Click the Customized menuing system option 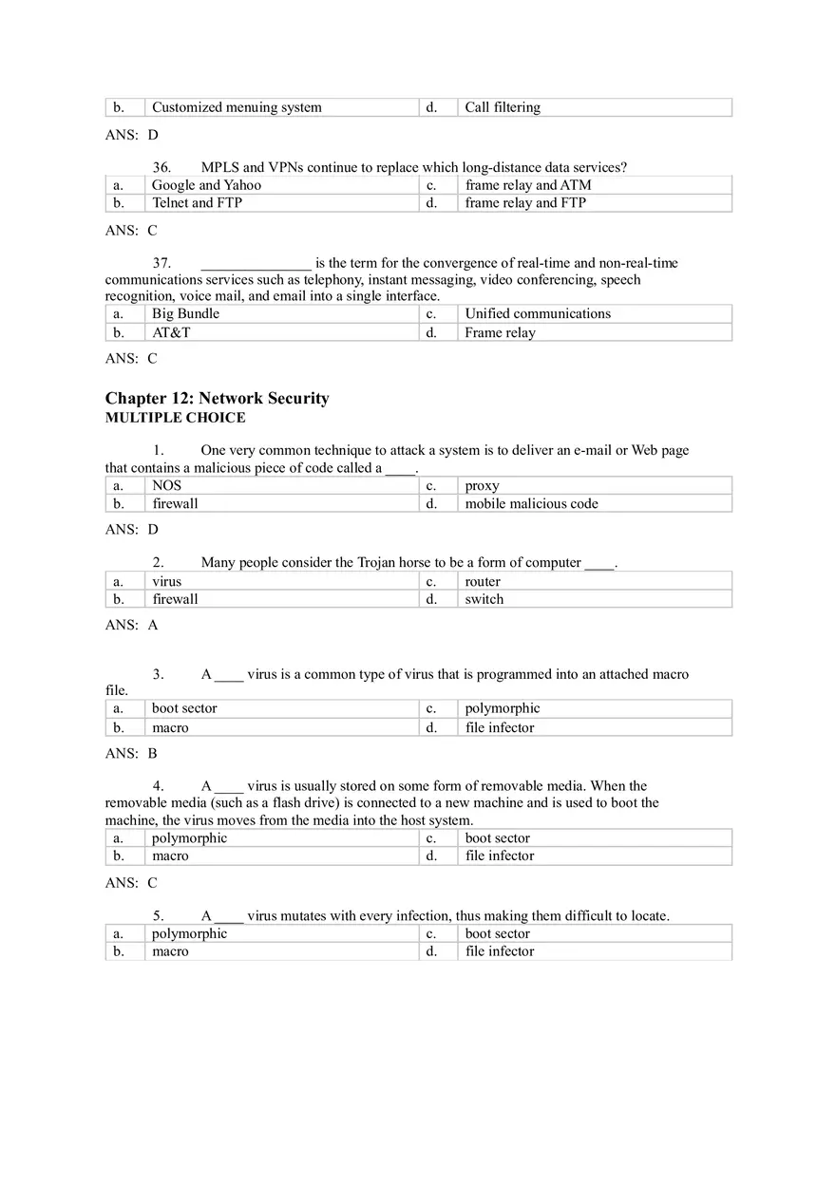237,107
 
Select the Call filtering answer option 503,107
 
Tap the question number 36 161,168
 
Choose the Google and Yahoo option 206,185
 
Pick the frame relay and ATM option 527,185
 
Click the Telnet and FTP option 197,202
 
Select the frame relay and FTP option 525,202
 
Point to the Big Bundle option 185,313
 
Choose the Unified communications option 538,313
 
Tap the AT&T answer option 171,332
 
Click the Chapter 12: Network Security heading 217,399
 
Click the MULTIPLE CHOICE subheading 175,418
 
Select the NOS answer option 166,485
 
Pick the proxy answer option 482,485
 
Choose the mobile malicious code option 531,503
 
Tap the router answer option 483,581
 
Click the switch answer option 484,599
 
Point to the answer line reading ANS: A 131,626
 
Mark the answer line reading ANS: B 131,754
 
